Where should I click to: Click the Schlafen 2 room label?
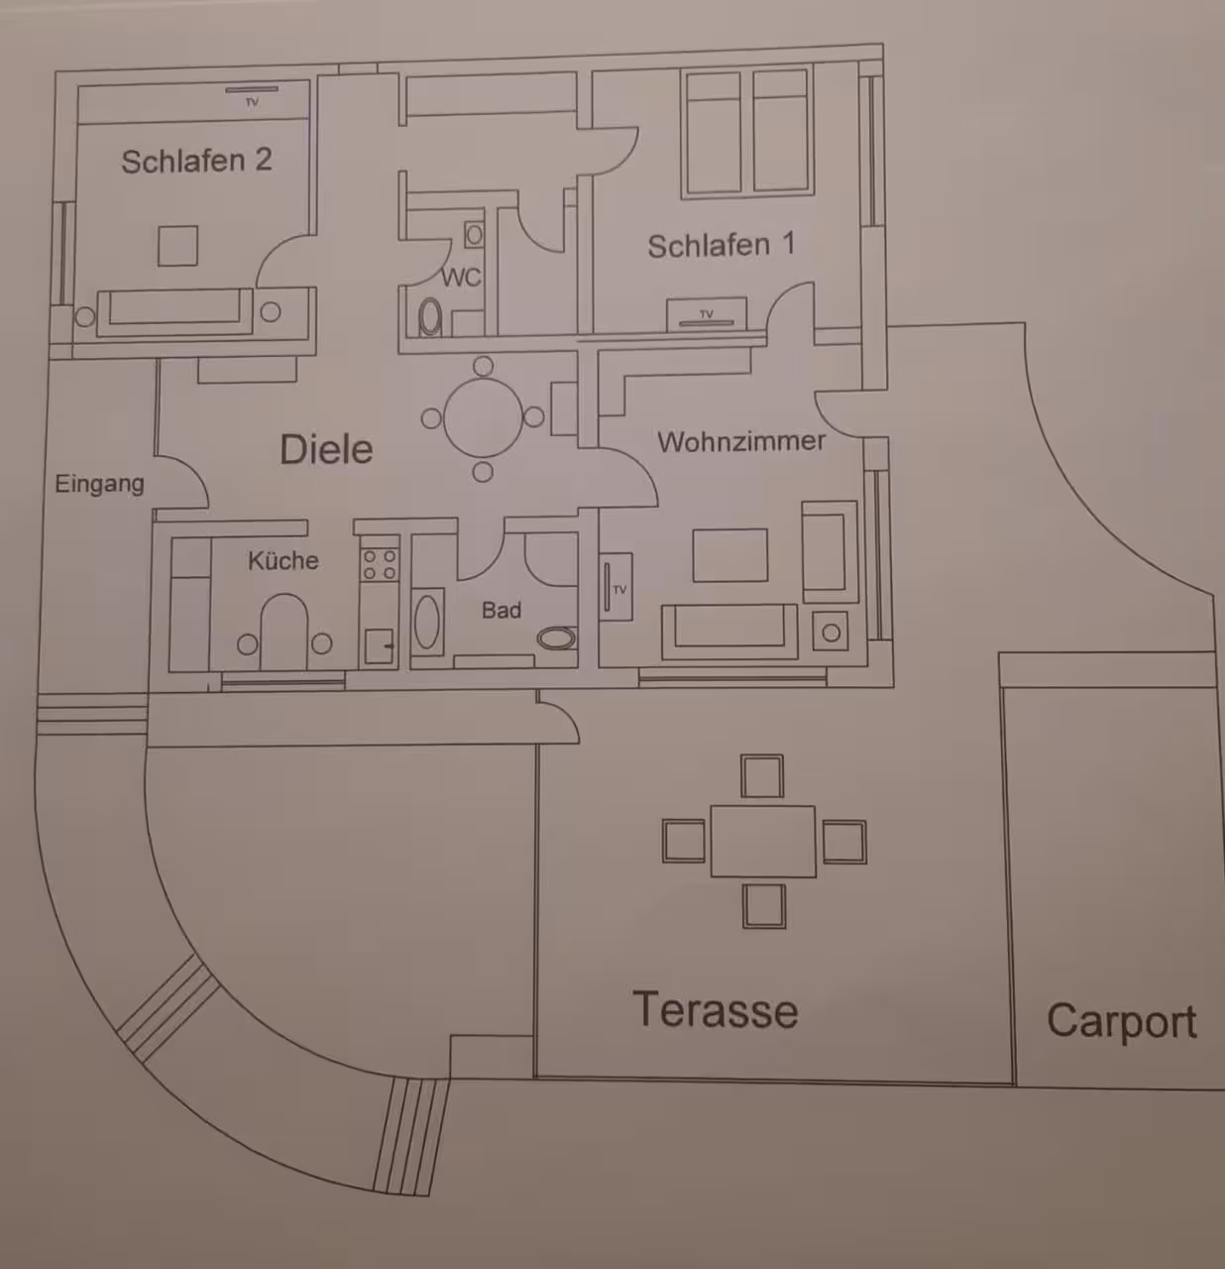click(x=196, y=161)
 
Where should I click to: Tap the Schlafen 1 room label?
click(x=722, y=245)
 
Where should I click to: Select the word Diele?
click(x=326, y=449)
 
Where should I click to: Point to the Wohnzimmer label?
click(x=741, y=441)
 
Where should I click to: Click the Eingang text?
click(x=99, y=485)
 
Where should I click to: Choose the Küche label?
click(x=282, y=560)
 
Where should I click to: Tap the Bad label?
click(x=501, y=611)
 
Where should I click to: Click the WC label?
click(x=461, y=278)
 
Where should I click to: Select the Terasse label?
click(x=716, y=1010)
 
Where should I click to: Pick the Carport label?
click(x=1121, y=1020)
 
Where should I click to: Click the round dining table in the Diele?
click(x=483, y=417)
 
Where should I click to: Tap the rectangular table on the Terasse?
click(x=763, y=842)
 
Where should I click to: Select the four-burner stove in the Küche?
click(x=380, y=565)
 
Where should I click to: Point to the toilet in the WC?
click(x=430, y=317)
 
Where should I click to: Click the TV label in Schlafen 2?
click(x=253, y=102)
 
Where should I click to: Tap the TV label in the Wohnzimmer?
click(x=619, y=590)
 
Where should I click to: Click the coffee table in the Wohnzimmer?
click(x=730, y=555)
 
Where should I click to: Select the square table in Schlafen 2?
click(x=178, y=246)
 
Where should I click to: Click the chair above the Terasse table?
click(x=762, y=776)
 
